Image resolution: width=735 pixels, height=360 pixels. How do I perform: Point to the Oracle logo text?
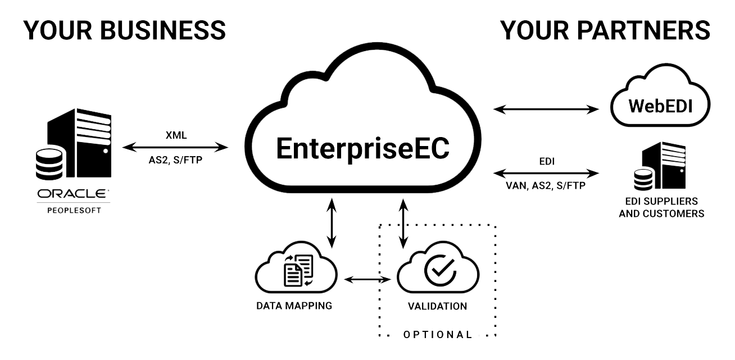pyautogui.click(x=74, y=194)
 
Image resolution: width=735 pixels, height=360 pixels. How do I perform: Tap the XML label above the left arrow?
pyautogui.click(x=176, y=135)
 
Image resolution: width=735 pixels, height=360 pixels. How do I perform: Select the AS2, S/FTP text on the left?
pyautogui.click(x=176, y=161)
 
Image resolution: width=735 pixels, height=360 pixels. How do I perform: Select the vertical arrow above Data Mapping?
pyautogui.click(x=332, y=222)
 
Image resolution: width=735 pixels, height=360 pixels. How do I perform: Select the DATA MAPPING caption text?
pyautogui.click(x=294, y=306)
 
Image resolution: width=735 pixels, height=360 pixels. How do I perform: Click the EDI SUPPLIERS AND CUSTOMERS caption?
pyautogui.click(x=661, y=207)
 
